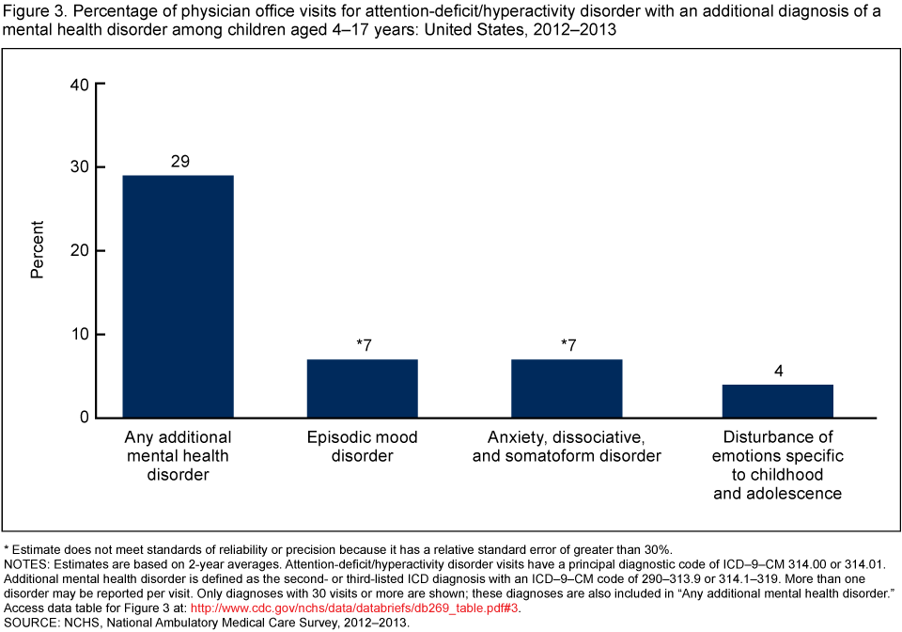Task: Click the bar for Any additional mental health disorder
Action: coord(179,296)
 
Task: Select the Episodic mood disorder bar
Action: coord(362,388)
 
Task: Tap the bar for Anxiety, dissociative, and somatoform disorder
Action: coord(567,388)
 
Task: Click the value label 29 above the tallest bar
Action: coord(179,162)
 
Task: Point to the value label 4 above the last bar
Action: coord(777,371)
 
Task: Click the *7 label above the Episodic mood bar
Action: coord(363,345)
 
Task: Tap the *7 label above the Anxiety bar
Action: coord(568,345)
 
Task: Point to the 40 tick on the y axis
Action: coord(79,85)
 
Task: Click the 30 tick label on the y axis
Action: coord(79,167)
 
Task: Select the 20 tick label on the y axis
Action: coord(79,251)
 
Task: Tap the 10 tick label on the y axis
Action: coord(79,334)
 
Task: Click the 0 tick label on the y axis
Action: coord(84,418)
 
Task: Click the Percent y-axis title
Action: coord(38,250)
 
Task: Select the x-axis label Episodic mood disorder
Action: coord(362,447)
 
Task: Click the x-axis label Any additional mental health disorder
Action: coord(179,456)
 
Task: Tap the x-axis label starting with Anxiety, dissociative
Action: coord(574,447)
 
